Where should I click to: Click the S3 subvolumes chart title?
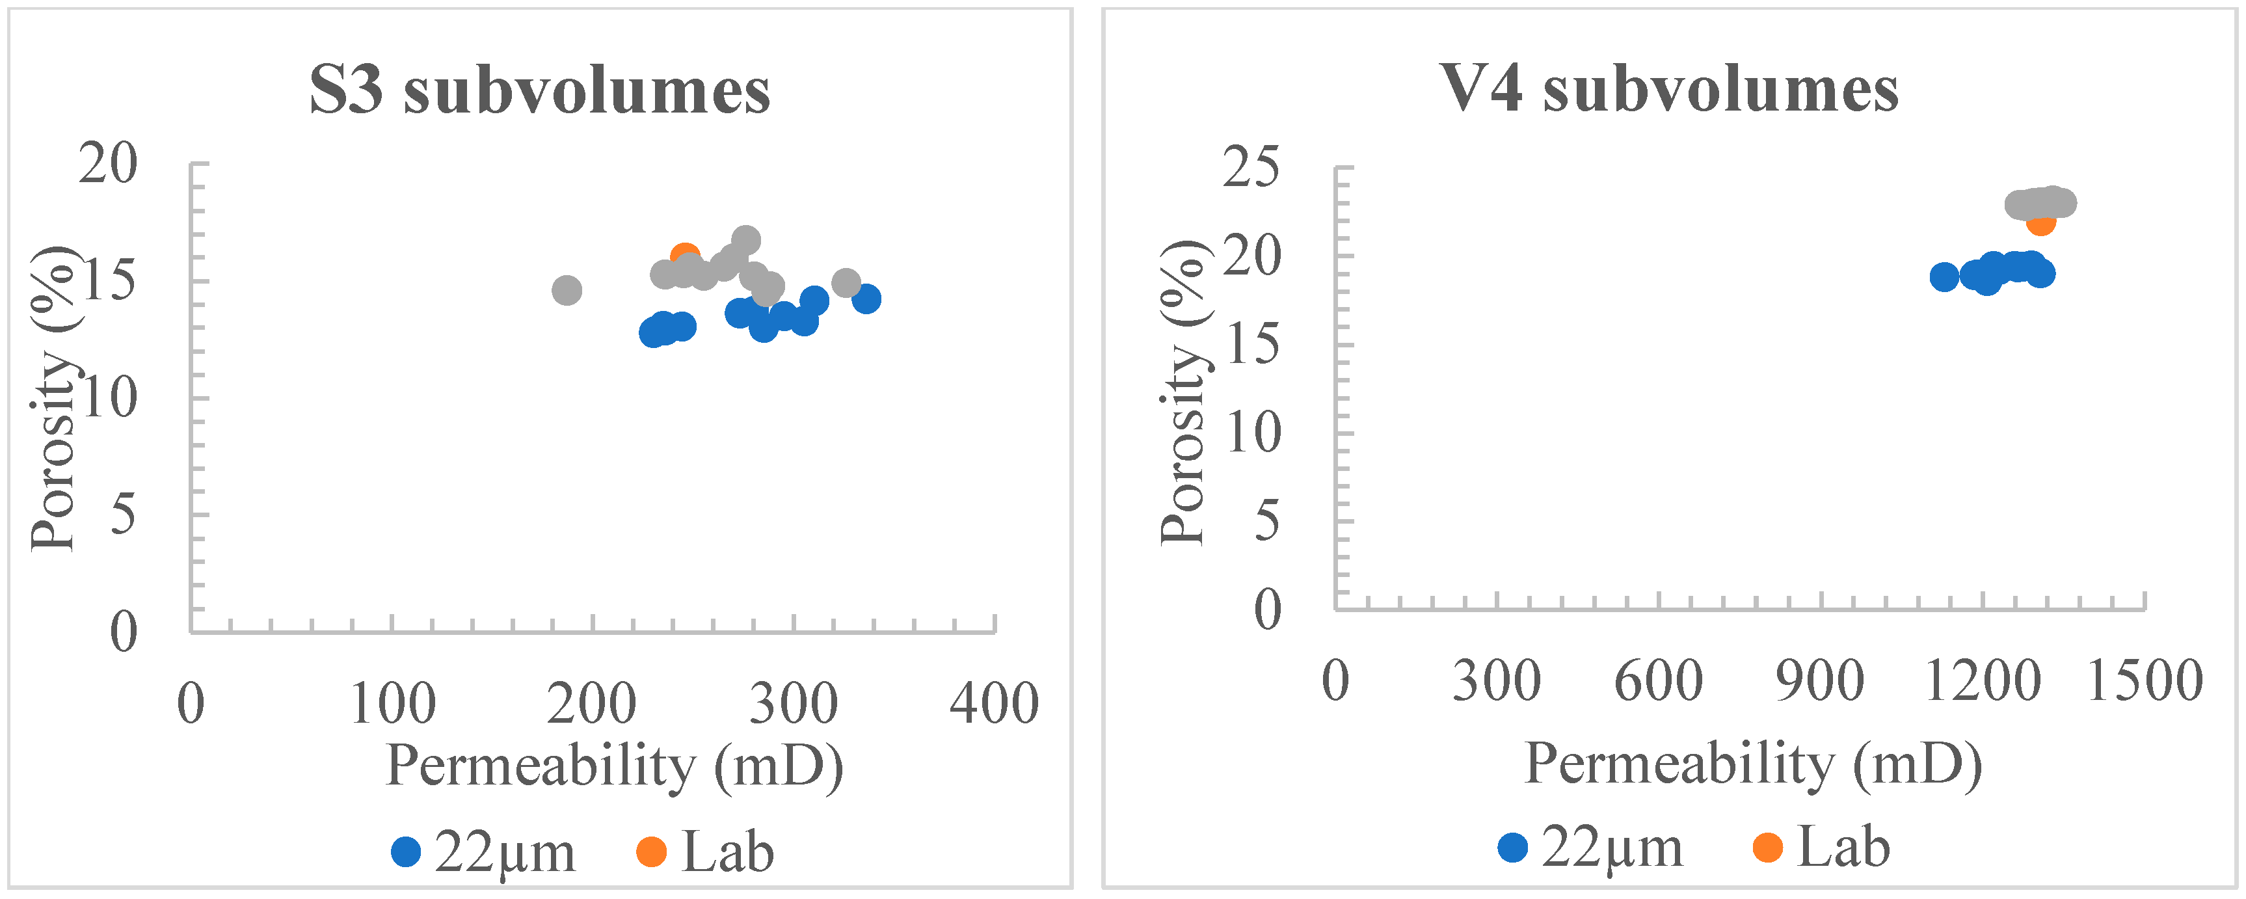[x=540, y=90]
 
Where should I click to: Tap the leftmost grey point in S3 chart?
[x=567, y=289]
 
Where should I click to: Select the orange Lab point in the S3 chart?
[x=684, y=256]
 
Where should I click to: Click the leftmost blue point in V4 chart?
[x=1944, y=277]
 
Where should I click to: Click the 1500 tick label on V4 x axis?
[x=2144, y=681]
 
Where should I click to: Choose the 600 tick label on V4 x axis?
[x=1659, y=681]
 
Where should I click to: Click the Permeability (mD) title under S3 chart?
[x=615, y=766]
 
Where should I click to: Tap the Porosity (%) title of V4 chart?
[x=1183, y=392]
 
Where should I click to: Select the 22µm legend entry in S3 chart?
[x=484, y=852]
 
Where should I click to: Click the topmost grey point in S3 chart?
[x=745, y=240]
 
